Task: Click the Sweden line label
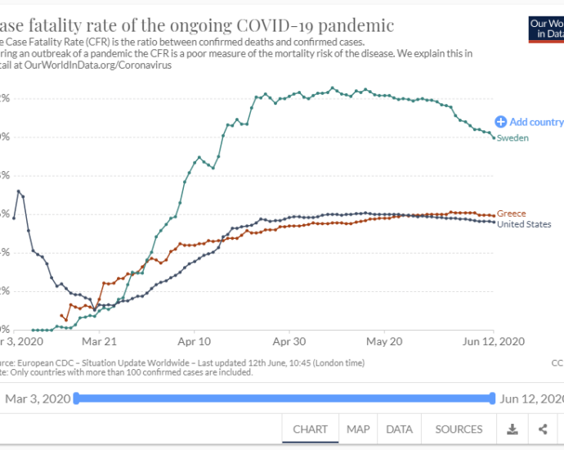tap(513, 138)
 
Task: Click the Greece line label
tap(511, 214)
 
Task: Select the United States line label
tap(524, 224)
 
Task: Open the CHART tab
tap(310, 429)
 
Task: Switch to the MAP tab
tap(358, 429)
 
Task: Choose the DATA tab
tap(399, 429)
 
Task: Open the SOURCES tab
tap(459, 429)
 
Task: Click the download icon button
tap(512, 429)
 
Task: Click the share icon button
tap(543, 429)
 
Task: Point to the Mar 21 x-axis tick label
tap(98, 341)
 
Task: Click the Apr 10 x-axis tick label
tap(195, 341)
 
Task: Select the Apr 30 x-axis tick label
tap(290, 341)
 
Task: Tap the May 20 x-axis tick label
tap(386, 341)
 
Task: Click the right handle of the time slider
tap(492, 398)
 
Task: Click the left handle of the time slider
tap(76, 398)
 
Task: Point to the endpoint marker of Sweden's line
tap(494, 137)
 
